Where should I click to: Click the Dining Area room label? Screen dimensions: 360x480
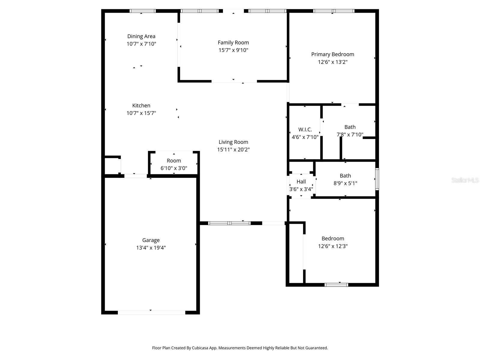pos(141,36)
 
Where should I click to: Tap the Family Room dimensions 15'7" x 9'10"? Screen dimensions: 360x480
pos(233,50)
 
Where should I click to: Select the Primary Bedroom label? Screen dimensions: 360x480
pos(332,54)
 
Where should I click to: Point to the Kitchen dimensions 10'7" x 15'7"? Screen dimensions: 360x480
pos(141,113)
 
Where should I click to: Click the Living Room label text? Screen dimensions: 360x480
pos(233,142)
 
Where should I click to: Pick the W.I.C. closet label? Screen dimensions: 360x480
pos(305,129)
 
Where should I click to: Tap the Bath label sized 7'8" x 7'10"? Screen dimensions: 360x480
pos(350,127)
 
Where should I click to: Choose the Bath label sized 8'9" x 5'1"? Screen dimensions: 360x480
pos(345,176)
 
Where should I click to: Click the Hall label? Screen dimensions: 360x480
pos(301,181)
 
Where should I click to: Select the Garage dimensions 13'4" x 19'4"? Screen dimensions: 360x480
pos(151,248)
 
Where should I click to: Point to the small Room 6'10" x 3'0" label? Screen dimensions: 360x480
pos(174,160)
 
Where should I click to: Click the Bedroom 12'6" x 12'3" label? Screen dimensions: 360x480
pos(333,238)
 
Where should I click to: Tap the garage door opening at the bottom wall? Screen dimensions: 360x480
pos(151,312)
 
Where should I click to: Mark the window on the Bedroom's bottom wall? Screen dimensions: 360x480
pos(336,285)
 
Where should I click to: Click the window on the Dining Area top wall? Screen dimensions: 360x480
pos(142,11)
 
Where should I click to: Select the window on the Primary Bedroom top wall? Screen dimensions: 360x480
pos(334,11)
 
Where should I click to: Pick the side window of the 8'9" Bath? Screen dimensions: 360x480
pos(377,179)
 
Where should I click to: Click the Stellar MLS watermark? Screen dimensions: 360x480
pos(465,180)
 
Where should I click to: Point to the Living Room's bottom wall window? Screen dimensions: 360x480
pos(229,223)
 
